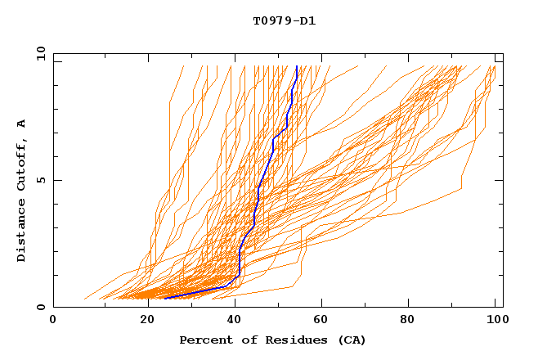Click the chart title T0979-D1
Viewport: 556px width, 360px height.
285,20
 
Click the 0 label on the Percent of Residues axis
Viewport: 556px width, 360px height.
53,320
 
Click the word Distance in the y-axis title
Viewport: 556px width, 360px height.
22,234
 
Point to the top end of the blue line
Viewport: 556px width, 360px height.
297,67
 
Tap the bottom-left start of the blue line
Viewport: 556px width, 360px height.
165,298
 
